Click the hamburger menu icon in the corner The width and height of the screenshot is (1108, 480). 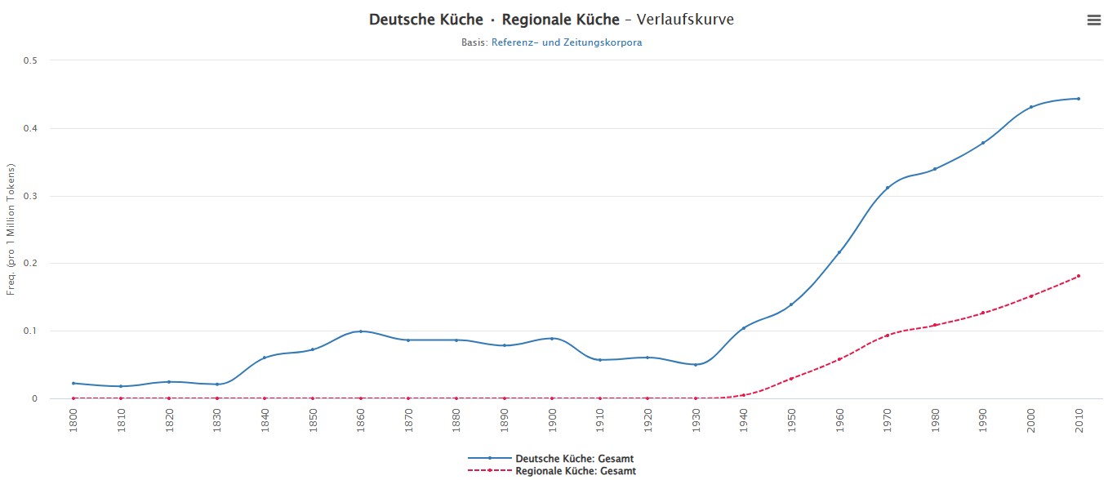click(1093, 20)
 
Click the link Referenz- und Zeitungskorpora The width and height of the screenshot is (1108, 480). click(566, 42)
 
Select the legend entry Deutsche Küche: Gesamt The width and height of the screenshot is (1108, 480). click(574, 459)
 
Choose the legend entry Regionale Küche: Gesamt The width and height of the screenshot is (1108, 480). click(575, 471)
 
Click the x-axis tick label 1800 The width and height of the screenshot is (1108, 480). click(73, 417)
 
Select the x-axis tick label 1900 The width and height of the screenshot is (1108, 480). click(552, 417)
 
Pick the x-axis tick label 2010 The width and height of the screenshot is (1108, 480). click(1079, 417)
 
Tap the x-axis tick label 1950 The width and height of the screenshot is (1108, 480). click(791, 417)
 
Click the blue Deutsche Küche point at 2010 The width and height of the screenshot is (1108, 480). click(1078, 99)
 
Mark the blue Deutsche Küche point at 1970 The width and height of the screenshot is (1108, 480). click(887, 188)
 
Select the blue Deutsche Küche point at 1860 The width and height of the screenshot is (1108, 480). click(360, 331)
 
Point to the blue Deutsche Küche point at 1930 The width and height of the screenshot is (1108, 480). click(696, 365)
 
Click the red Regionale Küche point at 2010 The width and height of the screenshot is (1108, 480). click(1078, 276)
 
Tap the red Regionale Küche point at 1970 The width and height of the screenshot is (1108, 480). click(887, 336)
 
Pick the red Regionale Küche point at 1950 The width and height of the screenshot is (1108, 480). click(791, 379)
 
